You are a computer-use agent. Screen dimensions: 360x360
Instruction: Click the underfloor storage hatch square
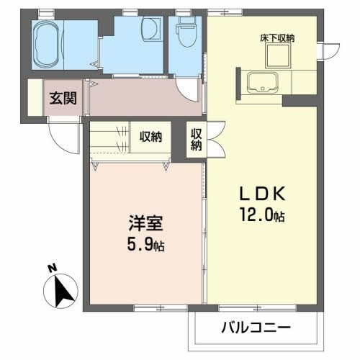point(279,55)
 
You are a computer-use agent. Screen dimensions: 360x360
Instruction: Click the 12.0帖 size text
point(264,214)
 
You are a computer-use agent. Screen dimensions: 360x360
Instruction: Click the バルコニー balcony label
point(255,328)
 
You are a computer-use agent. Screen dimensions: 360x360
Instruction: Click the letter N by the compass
point(53,268)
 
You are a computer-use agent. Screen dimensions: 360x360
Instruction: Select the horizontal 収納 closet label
point(150,135)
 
